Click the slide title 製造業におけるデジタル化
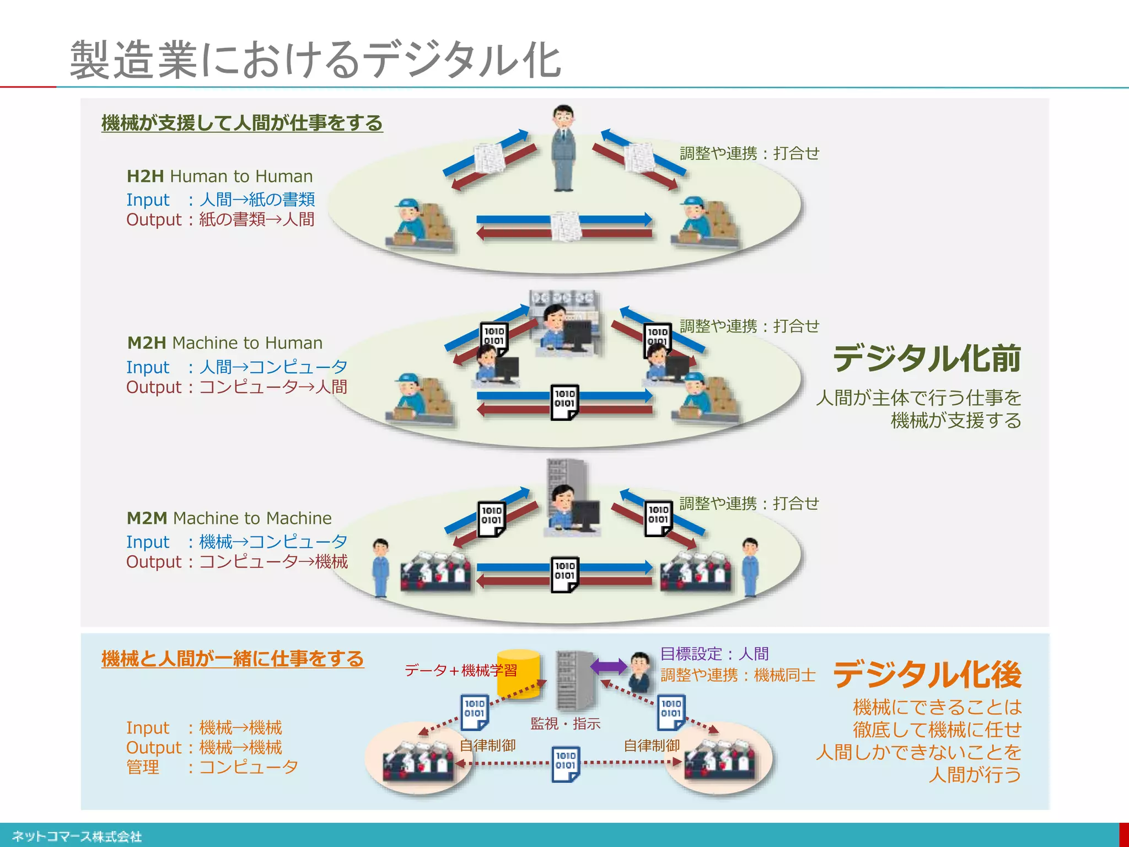click(315, 60)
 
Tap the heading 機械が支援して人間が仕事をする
click(242, 122)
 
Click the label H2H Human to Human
click(219, 176)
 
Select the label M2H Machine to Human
click(224, 343)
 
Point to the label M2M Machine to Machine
click(229, 518)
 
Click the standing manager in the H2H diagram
click(564, 148)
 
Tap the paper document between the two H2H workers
click(566, 226)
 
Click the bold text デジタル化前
click(927, 358)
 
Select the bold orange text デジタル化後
click(927, 674)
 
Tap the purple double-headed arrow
click(609, 666)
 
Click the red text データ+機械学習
click(461, 671)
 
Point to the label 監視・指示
click(565, 723)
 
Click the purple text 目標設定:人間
click(714, 654)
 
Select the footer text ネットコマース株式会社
click(77, 837)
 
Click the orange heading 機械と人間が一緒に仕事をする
click(233, 658)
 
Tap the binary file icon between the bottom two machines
click(566, 763)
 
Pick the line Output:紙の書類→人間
click(220, 219)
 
